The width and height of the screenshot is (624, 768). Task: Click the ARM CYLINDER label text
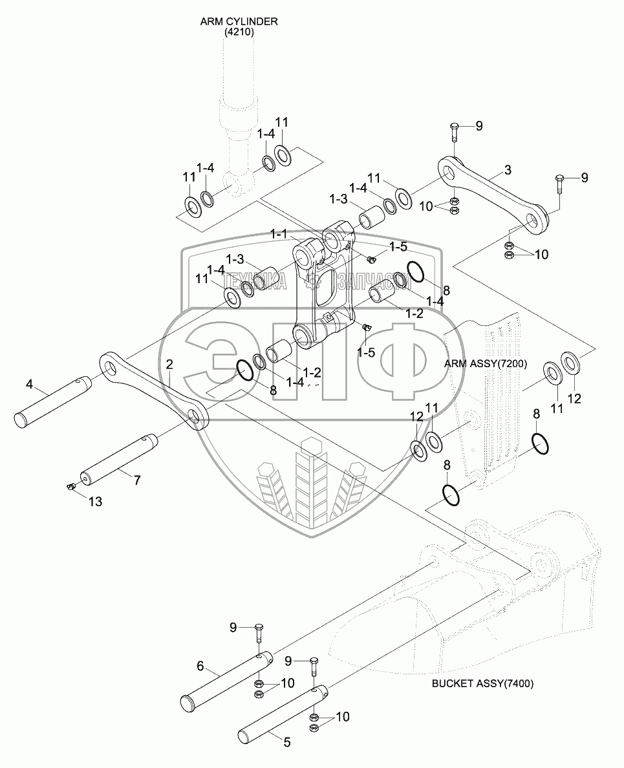239,21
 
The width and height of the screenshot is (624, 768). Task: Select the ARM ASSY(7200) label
485,364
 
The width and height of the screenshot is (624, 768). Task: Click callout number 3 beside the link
508,170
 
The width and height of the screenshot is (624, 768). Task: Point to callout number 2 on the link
169,365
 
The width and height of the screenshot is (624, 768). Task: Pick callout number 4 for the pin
29,385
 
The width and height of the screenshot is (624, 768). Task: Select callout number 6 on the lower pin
200,665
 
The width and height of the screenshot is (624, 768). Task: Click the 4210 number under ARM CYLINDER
239,31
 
